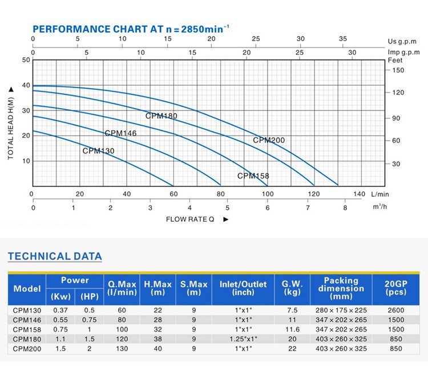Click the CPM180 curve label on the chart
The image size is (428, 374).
point(161,116)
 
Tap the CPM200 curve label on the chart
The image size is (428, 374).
point(269,140)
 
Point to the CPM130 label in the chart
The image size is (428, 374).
point(98,151)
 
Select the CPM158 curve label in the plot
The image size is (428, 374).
point(253,176)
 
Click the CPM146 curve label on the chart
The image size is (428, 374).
point(120,133)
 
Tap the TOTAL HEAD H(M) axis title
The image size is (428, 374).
point(11,122)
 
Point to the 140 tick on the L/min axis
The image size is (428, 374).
point(360,194)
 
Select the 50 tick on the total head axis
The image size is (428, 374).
point(26,59)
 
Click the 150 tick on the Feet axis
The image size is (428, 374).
point(397,70)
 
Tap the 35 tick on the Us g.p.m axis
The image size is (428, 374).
point(343,39)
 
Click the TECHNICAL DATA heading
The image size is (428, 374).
point(55,256)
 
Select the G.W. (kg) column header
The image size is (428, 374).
point(292,288)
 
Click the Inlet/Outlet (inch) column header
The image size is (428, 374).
point(243,288)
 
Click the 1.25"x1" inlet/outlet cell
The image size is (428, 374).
point(243,339)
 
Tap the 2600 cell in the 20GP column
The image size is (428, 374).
point(395,311)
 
